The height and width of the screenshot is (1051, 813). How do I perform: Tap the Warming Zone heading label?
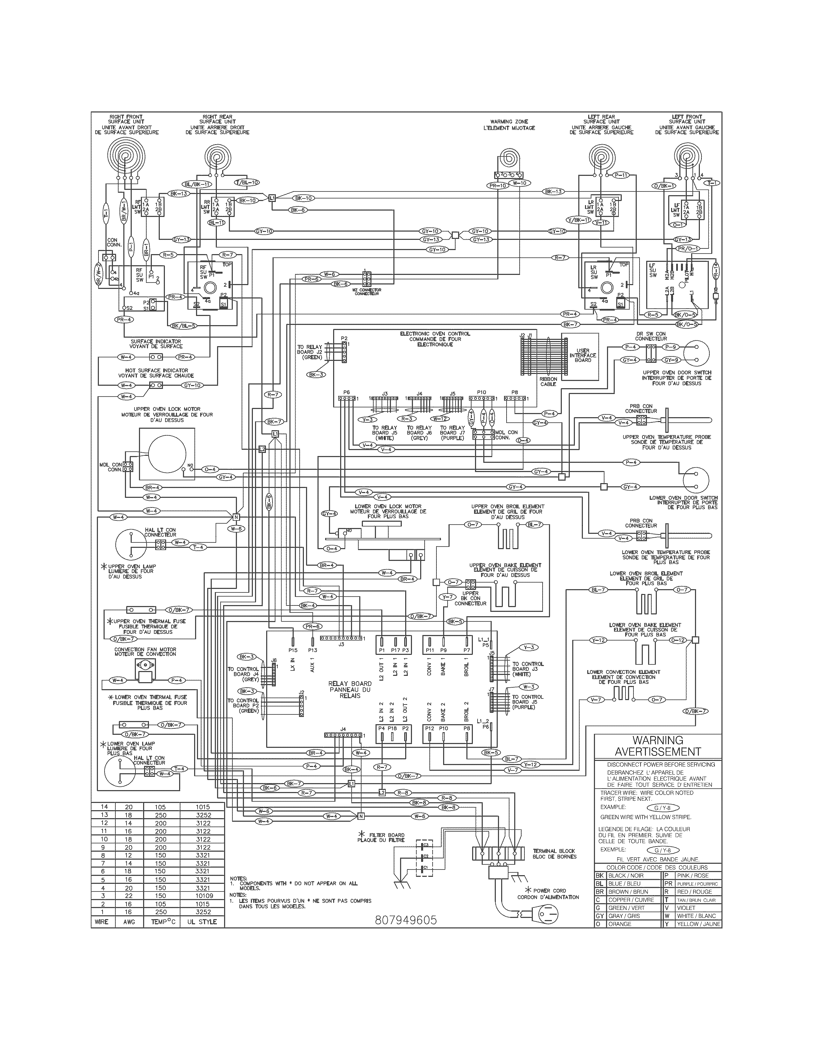512,125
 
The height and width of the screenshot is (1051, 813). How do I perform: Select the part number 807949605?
406,920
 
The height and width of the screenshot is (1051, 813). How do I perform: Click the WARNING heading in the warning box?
657,740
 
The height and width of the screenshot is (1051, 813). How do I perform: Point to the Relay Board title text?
350,689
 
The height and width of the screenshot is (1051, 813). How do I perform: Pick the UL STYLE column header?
202,922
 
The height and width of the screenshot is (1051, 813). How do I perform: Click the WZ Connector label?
367,292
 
